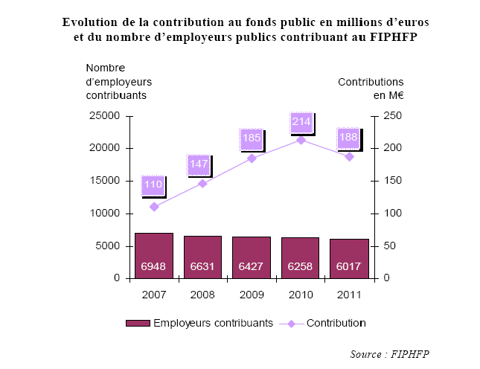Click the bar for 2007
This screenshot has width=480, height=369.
tap(154, 256)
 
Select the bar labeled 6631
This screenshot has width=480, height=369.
tap(202, 257)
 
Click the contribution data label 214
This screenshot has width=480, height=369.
tap(301, 121)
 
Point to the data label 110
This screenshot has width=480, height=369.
tap(153, 184)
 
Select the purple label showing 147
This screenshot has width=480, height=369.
tap(199, 164)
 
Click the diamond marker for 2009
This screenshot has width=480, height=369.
tap(252, 158)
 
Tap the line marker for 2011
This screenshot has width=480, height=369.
tap(348, 156)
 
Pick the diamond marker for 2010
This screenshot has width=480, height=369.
tap(301, 140)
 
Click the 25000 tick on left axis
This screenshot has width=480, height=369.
tap(105, 116)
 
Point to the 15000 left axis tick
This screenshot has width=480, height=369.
tap(105, 181)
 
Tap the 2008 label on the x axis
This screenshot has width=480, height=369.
tap(202, 295)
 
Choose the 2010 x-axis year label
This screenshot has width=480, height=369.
tap(300, 295)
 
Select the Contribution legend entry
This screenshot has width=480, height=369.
tap(327, 323)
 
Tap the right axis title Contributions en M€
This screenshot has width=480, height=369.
tap(371, 88)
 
